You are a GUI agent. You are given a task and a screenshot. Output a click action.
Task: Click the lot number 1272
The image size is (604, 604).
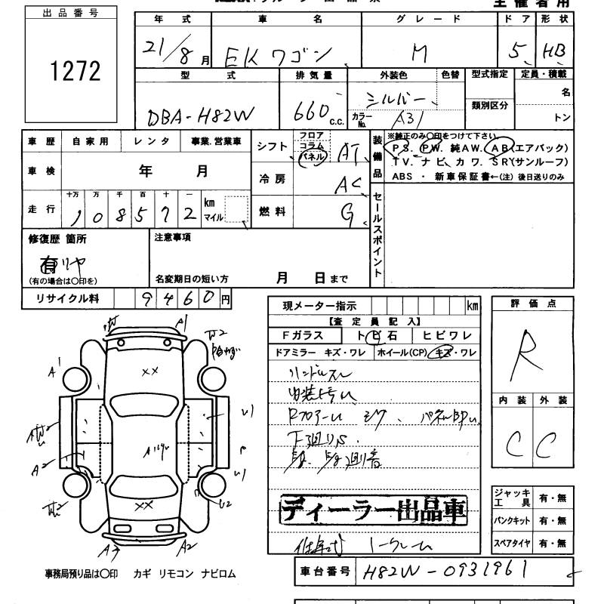click(75, 72)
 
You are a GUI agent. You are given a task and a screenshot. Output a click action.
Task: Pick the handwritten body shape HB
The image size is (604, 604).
click(558, 51)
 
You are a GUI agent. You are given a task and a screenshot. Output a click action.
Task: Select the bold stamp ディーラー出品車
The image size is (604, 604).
click(374, 511)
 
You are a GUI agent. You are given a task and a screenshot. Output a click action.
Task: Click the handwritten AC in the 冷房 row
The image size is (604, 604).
click(349, 183)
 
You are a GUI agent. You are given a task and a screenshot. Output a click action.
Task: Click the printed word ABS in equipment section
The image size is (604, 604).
click(402, 176)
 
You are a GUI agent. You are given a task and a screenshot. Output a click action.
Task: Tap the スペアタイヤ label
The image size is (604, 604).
click(512, 544)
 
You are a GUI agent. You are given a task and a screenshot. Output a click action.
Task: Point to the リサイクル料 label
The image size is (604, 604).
click(67, 299)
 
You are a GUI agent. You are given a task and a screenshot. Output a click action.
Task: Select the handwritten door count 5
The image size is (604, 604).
click(516, 51)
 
